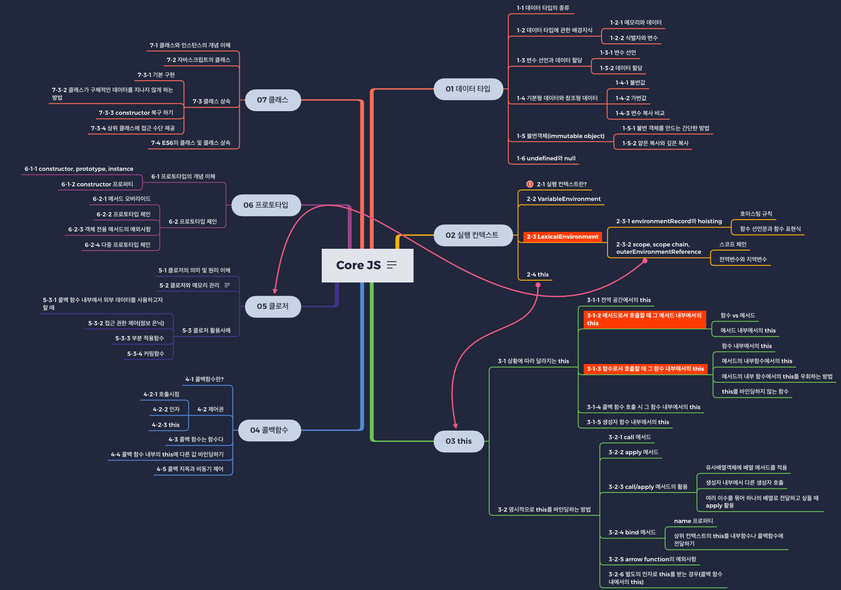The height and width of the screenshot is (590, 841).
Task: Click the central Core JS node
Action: coord(359,265)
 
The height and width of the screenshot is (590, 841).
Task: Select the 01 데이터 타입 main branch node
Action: coord(468,89)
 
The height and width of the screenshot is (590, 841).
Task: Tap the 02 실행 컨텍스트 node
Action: coord(472,235)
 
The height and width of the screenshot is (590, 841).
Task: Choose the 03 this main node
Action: coord(459,441)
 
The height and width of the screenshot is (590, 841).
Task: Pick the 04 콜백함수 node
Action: coord(269,430)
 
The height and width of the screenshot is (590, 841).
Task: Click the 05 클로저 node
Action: coord(273,306)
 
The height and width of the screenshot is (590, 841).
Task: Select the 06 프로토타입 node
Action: coord(266,205)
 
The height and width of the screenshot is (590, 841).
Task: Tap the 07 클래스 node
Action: coord(273,100)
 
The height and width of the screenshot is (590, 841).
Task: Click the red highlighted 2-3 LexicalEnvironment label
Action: coord(562,236)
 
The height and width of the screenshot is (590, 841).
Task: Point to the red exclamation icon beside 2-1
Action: coord(530,184)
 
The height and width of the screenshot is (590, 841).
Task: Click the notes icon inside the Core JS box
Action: coord(392,265)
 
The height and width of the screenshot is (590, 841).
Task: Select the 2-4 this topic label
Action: coord(537,274)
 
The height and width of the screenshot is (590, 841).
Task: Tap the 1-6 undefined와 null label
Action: coord(546,158)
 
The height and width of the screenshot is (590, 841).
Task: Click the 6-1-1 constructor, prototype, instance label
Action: coord(79,169)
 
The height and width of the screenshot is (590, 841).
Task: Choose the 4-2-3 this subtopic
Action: coord(165,425)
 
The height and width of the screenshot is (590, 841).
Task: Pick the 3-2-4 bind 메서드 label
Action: coord(632,532)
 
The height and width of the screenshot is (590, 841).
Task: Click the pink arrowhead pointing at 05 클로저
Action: coord(275,291)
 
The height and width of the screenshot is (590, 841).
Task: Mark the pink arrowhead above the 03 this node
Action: coord(455,426)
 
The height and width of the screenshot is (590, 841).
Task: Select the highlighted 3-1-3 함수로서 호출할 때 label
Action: coord(645,369)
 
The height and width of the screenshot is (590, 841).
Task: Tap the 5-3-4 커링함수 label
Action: coord(145,354)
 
